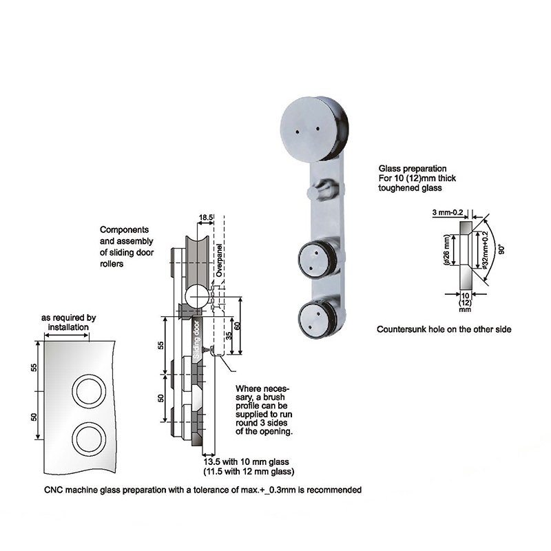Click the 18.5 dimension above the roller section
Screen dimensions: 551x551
pos(205,217)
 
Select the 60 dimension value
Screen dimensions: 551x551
pos(236,324)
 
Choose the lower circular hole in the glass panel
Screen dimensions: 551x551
pos(89,438)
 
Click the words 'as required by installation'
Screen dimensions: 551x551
pos(68,323)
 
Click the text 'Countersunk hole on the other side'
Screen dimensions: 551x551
pos(444,330)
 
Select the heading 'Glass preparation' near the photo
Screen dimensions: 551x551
pos(413,169)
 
